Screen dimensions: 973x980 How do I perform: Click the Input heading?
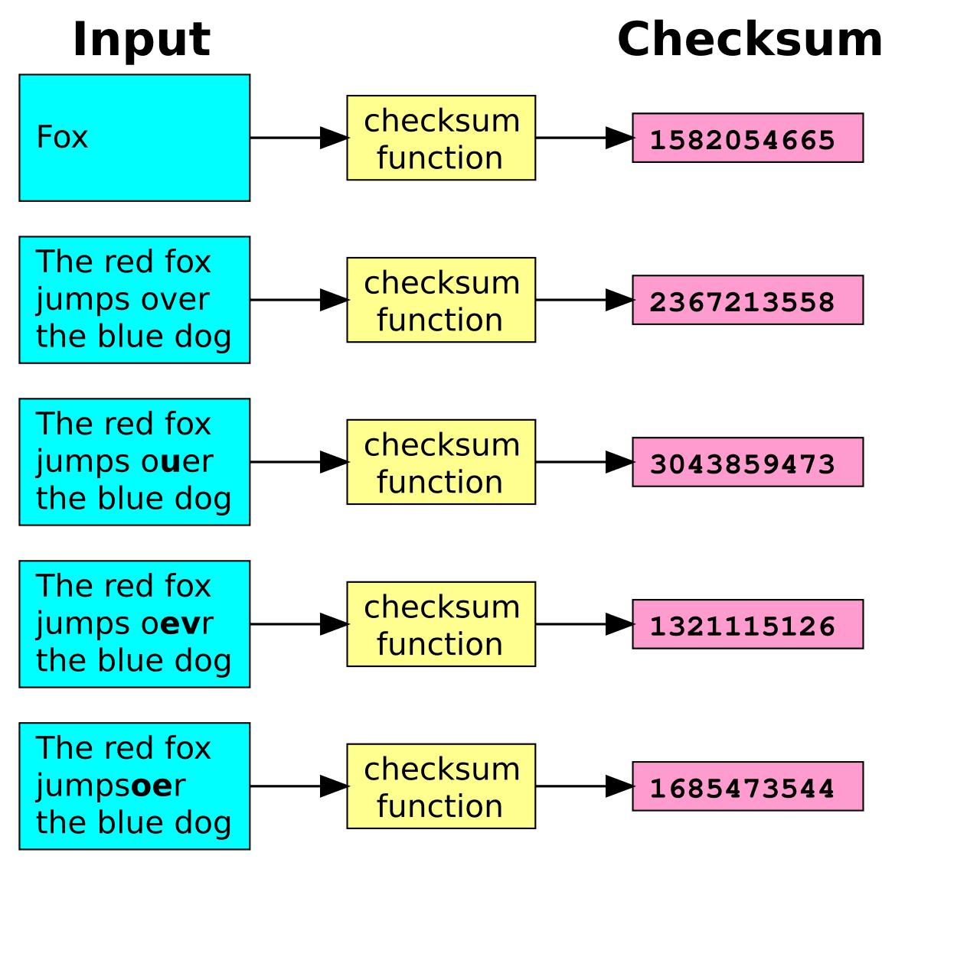click(141, 40)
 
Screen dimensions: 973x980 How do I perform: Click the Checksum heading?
click(750, 40)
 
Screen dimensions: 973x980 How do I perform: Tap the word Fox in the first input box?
click(63, 138)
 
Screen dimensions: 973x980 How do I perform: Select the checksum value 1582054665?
click(742, 140)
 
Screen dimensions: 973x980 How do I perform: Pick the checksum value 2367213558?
click(742, 302)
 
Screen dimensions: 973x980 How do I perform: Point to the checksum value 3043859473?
click(742, 464)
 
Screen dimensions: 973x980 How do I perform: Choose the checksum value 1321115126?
click(742, 626)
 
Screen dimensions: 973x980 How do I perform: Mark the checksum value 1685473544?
click(742, 789)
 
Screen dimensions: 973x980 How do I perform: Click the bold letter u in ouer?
click(171, 462)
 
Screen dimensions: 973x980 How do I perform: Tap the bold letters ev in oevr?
click(180, 624)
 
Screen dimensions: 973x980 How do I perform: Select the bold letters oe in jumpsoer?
click(152, 786)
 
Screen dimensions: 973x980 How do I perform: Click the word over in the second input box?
click(181, 300)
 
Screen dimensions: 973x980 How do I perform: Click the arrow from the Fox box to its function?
click(299, 138)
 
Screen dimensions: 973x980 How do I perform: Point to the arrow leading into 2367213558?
click(584, 300)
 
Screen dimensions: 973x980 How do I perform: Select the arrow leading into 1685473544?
click(584, 786)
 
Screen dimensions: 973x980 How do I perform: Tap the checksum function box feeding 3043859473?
click(441, 462)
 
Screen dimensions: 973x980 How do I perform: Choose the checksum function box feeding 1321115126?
click(441, 624)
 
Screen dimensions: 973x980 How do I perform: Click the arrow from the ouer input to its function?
click(299, 462)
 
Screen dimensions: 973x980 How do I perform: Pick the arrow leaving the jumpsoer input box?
click(299, 786)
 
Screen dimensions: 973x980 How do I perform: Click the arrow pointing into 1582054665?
click(584, 138)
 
